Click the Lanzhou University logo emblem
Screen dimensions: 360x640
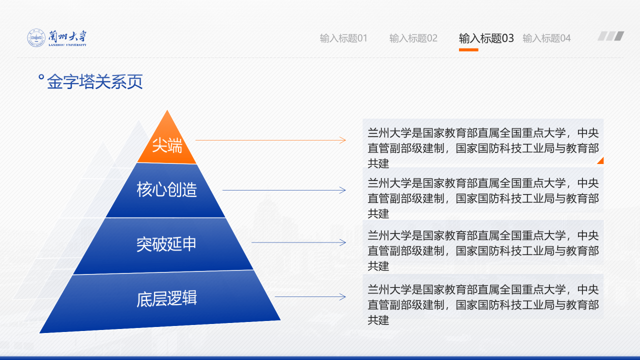36,38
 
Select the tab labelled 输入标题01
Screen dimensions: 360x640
343,38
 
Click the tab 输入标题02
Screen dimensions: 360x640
413,38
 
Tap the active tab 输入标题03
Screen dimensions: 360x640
486,38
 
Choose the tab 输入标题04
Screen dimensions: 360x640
546,38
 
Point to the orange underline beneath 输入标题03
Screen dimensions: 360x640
468,49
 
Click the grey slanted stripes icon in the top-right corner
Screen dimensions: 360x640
611,36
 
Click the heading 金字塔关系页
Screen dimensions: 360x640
94,81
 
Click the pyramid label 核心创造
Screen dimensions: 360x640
166,190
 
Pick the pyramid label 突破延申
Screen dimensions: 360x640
166,244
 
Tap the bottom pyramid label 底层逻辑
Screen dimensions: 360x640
166,298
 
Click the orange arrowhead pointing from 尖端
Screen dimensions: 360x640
343,140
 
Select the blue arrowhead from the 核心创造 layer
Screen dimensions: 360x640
343,190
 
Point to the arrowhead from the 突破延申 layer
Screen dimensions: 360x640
343,242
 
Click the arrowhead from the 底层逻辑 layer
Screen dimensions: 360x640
343,297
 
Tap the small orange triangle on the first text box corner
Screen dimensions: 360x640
601,161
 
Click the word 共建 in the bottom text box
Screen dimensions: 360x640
378,320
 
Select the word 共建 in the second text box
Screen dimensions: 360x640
378,213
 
